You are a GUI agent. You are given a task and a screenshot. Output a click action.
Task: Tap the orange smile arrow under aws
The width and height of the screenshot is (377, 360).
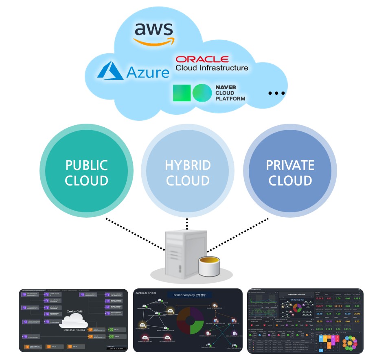(x=154, y=41)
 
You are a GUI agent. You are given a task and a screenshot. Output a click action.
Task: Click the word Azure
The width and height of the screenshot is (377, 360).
(x=147, y=72)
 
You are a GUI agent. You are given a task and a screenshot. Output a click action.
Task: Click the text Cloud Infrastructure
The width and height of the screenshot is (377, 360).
(x=212, y=68)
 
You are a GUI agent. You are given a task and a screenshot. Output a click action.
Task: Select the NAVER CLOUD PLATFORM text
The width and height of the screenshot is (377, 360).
(x=230, y=93)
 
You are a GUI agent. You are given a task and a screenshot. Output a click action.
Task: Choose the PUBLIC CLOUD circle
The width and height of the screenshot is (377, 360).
(x=86, y=172)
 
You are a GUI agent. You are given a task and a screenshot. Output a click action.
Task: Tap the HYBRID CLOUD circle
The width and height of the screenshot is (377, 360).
(x=188, y=172)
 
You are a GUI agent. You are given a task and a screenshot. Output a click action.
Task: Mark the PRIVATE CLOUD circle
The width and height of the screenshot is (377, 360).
(x=290, y=172)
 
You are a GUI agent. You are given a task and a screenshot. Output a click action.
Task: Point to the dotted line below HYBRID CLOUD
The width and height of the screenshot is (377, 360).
(x=187, y=224)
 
